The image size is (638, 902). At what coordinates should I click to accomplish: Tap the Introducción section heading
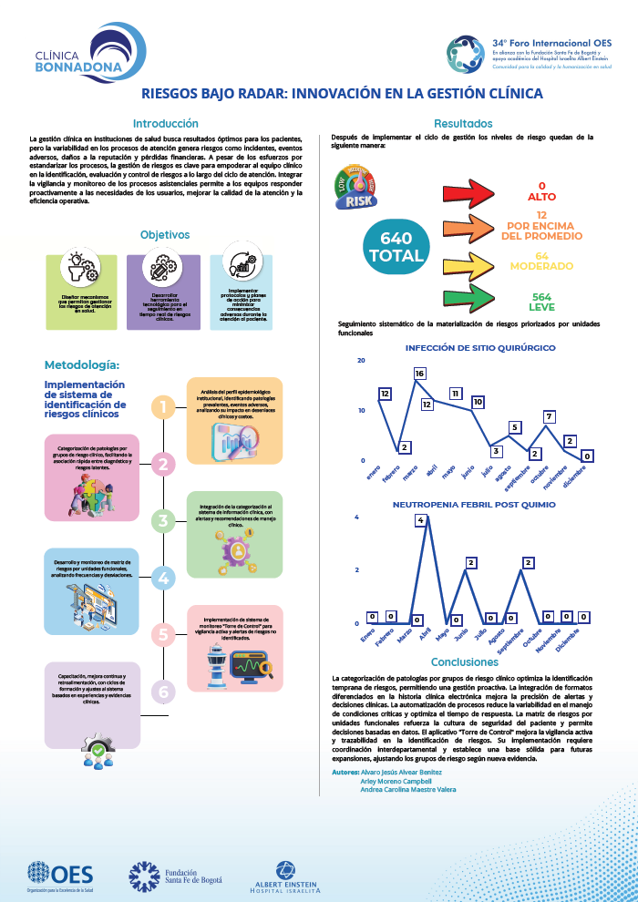coord(165,123)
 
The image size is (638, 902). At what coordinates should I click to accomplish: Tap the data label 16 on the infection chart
coord(419,374)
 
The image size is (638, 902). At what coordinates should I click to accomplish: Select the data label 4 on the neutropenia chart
coord(420,520)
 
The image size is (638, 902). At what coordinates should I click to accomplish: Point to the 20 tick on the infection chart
coord(361,361)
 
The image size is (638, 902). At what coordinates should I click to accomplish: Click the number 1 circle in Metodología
coord(163,407)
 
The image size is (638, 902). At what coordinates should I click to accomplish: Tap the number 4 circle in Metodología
coord(163,578)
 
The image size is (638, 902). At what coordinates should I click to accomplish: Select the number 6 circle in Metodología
coord(163,692)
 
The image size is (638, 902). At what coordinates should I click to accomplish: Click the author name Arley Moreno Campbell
coord(396,781)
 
